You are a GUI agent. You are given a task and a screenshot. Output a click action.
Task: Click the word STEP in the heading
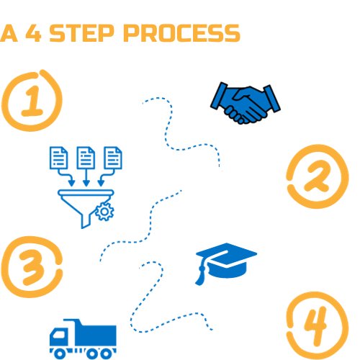(x=81, y=33)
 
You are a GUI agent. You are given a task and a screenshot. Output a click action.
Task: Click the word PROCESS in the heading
(x=181, y=33)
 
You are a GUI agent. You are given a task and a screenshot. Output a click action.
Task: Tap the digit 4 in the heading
(x=33, y=33)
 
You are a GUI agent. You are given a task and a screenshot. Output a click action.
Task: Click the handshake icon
(x=246, y=103)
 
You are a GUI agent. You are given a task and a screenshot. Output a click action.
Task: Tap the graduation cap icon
(x=226, y=263)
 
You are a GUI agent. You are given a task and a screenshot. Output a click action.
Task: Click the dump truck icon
(x=83, y=338)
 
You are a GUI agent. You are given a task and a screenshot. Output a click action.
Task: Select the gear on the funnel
(x=104, y=212)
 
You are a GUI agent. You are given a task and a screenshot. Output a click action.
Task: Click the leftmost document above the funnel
(x=58, y=158)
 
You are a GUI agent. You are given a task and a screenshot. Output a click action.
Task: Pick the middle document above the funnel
(x=86, y=158)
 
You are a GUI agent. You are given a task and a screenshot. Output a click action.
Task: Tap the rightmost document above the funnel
(x=113, y=158)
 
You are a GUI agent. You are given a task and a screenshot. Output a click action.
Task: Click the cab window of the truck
(x=59, y=334)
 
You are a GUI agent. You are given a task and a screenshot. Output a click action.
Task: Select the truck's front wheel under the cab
(x=60, y=354)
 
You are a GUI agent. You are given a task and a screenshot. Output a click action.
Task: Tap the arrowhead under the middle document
(x=86, y=183)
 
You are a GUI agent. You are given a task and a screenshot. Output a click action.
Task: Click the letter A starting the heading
(x=9, y=33)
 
